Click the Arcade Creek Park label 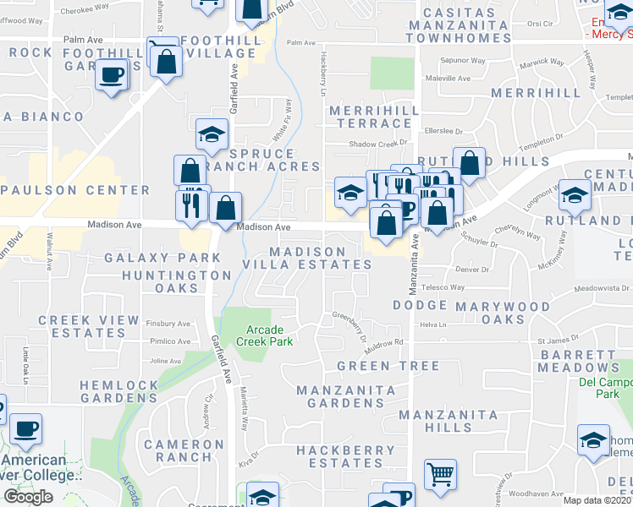point(269,335)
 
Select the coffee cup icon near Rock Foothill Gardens point(112,76)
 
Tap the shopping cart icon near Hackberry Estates point(439,476)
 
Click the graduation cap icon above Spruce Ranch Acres point(212,134)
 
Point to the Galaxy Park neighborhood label point(151,257)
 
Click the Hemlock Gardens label point(119,392)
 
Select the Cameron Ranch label point(184,450)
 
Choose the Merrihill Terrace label point(370,117)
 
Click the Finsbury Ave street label point(169,324)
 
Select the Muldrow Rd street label point(385,342)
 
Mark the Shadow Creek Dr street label point(379,144)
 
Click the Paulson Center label point(63,190)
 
